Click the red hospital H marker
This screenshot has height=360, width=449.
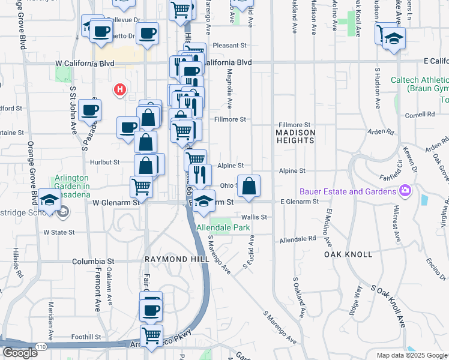120,90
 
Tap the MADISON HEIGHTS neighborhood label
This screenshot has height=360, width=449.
295,136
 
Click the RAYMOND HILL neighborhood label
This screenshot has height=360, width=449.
176,259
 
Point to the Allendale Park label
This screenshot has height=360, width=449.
223,228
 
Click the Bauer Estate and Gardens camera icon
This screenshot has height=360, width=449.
406,191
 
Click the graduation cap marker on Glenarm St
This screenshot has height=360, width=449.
204,201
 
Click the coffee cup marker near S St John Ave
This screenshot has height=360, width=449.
89,109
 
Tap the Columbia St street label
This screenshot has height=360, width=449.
93,262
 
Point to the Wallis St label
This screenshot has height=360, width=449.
255,217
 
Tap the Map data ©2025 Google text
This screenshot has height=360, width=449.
411,355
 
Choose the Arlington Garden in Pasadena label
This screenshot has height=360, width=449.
72,182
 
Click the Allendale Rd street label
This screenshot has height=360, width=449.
298,239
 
